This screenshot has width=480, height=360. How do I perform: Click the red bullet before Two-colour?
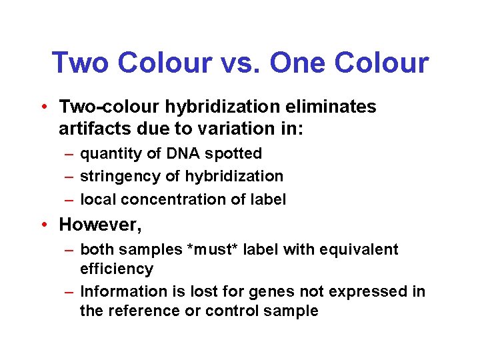42,107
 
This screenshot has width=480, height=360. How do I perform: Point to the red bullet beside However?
42,225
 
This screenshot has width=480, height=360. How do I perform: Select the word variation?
243,127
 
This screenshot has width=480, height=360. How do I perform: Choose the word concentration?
169,199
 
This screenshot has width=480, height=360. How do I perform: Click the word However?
100,225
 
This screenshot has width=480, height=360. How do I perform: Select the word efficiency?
116,269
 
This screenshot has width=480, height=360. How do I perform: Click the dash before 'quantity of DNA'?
69,154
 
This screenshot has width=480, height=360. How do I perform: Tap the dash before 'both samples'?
69,250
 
